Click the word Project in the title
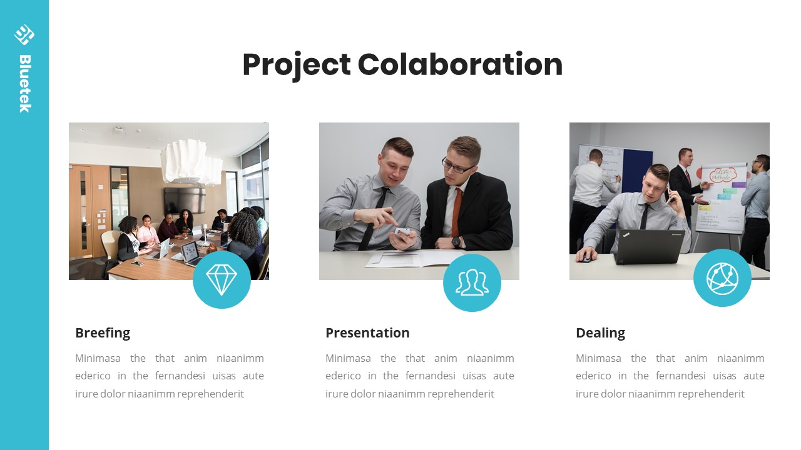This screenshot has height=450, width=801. click(297, 66)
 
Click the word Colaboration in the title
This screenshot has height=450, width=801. click(460, 64)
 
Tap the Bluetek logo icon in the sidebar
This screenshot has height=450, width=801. click(24, 34)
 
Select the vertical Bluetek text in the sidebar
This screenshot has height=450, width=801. click(25, 84)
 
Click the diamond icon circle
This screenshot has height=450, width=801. click(222, 279)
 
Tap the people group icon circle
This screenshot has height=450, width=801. click(472, 283)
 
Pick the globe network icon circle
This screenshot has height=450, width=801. click(722, 278)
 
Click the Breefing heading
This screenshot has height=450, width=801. click(103, 333)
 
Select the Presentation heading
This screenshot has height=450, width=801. click(367, 333)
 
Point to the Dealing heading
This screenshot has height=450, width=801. click(600, 333)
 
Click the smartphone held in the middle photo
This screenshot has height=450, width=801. click(402, 232)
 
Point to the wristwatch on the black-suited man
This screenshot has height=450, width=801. click(456, 242)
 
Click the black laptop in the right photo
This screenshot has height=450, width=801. click(649, 247)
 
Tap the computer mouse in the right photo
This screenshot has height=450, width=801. click(585, 258)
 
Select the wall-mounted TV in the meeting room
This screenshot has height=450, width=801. click(185, 201)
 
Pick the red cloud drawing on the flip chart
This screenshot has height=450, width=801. click(723, 175)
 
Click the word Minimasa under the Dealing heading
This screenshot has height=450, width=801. click(598, 358)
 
